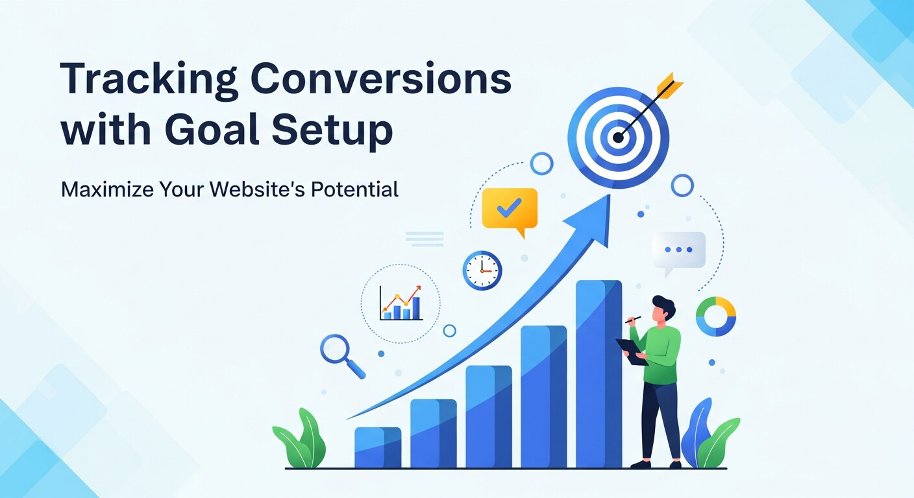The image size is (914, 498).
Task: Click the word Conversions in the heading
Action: pyautogui.click(x=380, y=81)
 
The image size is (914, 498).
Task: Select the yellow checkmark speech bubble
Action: pyautogui.click(x=510, y=209)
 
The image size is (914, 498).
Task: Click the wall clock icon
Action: pyautogui.click(x=482, y=270)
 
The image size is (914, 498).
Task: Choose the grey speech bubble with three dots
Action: pyautogui.click(x=678, y=250)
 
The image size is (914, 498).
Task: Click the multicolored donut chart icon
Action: pyautogui.click(x=715, y=317)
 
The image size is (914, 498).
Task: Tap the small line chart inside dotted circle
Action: pyautogui.click(x=401, y=303)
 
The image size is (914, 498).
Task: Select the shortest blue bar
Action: pyautogui.click(x=377, y=447)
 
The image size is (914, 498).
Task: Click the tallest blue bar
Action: pyautogui.click(x=599, y=373)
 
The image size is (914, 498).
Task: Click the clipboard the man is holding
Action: pyautogui.click(x=632, y=351)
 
